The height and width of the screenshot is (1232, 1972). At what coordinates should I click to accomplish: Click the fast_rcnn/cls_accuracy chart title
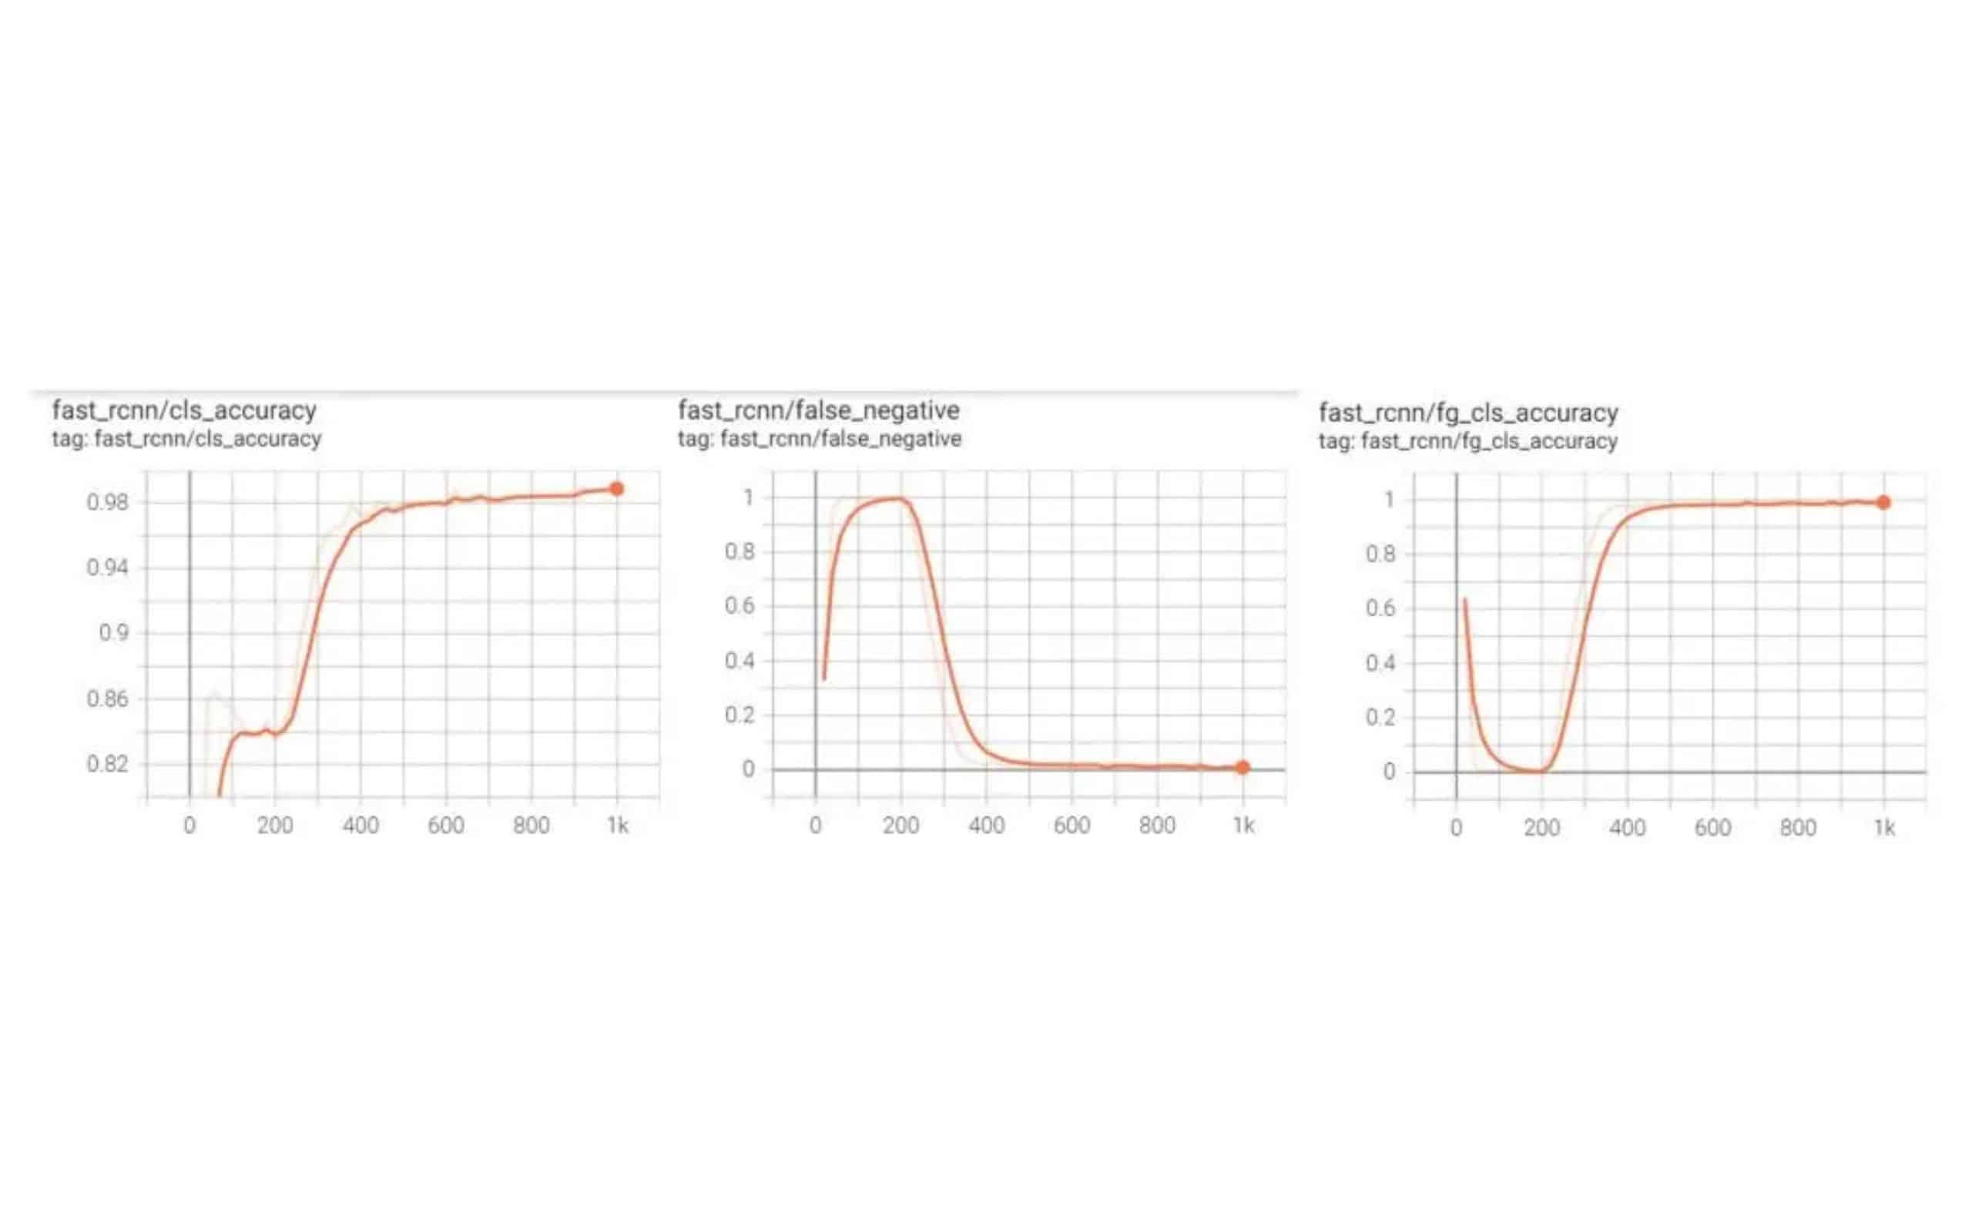tap(184, 410)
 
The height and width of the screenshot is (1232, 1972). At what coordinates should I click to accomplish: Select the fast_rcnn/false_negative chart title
tap(818, 410)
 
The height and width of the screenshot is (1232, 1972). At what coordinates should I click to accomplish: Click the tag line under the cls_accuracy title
tap(186, 439)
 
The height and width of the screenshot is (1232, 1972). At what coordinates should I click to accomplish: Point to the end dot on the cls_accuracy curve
tap(617, 489)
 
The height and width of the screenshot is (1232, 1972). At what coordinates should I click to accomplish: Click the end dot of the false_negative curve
tap(1242, 767)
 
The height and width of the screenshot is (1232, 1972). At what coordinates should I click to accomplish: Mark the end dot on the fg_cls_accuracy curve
tap(1883, 503)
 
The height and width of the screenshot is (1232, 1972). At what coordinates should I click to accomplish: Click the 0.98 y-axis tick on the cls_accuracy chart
tap(108, 503)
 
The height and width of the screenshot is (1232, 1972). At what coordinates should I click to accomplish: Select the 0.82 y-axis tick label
tap(108, 765)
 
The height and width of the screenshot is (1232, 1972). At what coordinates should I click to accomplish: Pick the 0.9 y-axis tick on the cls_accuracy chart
tap(114, 633)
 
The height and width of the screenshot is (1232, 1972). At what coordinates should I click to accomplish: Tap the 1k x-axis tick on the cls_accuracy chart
tap(618, 826)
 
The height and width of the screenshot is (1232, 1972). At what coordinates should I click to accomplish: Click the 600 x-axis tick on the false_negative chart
tap(1072, 826)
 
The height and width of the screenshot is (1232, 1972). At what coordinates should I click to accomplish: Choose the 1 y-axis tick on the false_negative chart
tap(748, 497)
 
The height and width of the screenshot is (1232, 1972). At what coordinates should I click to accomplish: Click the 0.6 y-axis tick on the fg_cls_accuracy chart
tap(1380, 608)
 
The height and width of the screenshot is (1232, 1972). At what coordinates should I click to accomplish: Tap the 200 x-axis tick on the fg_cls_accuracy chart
tap(1541, 829)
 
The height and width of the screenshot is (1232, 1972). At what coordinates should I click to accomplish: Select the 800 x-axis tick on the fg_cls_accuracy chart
tap(1798, 829)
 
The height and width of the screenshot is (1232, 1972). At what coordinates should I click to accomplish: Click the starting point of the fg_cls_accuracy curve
tap(1464, 600)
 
